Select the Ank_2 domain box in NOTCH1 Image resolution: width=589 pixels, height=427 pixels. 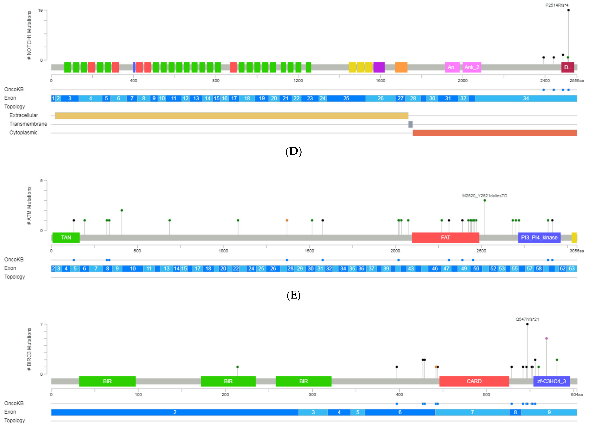(472, 67)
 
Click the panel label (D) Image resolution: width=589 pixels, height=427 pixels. (293, 151)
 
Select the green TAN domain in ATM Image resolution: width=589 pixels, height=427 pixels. (66, 237)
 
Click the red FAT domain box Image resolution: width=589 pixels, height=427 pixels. (445, 237)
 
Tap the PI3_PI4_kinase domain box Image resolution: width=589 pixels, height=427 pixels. (539, 237)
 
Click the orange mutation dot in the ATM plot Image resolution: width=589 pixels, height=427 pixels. (287, 220)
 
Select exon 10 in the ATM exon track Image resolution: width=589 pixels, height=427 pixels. (133, 268)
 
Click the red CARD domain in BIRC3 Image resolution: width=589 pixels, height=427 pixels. (474, 381)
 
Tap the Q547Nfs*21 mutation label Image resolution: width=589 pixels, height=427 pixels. (527, 319)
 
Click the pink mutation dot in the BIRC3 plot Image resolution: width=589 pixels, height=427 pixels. (546, 338)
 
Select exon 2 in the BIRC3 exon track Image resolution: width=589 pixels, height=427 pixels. (175, 412)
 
